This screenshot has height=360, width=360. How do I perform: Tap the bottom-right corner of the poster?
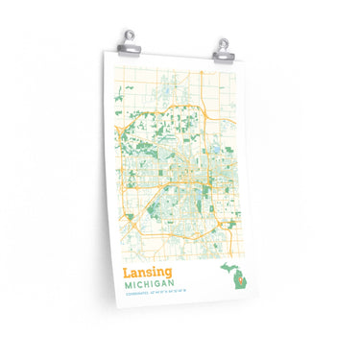tap(253, 308)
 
